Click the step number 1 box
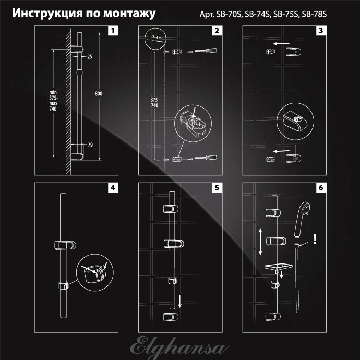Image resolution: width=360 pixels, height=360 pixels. [113, 31]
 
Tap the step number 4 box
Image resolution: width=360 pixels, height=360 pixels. [113, 188]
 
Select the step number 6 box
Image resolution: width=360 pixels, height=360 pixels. [321, 188]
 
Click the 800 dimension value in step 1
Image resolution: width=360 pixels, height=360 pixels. [99, 94]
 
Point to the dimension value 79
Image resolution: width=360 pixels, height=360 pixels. [90, 145]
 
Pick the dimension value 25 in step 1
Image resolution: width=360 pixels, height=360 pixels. [90, 57]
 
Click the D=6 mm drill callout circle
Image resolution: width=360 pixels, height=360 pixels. [155, 38]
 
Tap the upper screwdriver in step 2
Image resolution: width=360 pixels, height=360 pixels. [206, 51]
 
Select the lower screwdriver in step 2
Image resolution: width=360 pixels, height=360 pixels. [206, 158]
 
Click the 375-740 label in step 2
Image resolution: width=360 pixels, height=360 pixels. [155, 103]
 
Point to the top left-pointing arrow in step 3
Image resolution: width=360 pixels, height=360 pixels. [281, 44]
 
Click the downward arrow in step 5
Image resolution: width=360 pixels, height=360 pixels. [179, 301]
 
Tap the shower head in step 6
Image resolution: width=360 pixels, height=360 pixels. [302, 220]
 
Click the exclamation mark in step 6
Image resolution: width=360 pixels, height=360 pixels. [315, 239]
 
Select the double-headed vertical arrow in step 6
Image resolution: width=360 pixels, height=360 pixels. [260, 242]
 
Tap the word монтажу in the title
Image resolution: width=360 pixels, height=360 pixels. [129, 14]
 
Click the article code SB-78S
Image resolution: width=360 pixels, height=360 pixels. [314, 14]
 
